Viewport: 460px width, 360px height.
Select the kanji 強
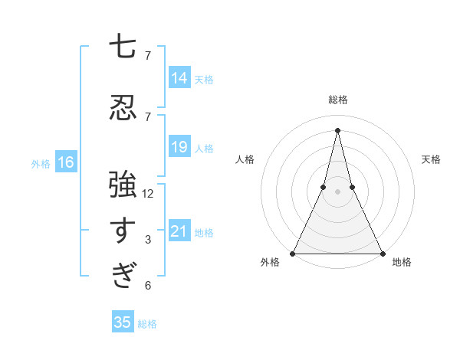click(x=123, y=184)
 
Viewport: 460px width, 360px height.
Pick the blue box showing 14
click(x=179, y=78)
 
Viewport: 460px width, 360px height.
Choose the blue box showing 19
click(x=179, y=147)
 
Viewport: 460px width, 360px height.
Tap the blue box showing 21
click(x=179, y=231)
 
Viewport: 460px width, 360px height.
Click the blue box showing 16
click(x=66, y=162)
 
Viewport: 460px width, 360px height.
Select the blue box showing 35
click(x=123, y=322)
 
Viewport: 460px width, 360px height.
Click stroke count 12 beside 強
click(x=148, y=194)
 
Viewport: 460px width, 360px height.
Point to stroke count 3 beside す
click(x=148, y=240)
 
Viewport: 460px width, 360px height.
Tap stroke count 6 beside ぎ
click(x=148, y=286)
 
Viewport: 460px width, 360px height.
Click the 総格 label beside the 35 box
click(x=147, y=324)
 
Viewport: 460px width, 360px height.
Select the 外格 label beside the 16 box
click(x=41, y=163)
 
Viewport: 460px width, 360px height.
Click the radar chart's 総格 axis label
click(x=337, y=100)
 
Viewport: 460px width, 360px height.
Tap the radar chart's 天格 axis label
click(x=432, y=159)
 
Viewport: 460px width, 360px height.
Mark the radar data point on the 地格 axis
click(x=382, y=254)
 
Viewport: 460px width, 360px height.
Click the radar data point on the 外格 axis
click(x=293, y=254)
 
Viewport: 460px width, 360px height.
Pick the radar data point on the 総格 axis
click(x=337, y=129)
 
